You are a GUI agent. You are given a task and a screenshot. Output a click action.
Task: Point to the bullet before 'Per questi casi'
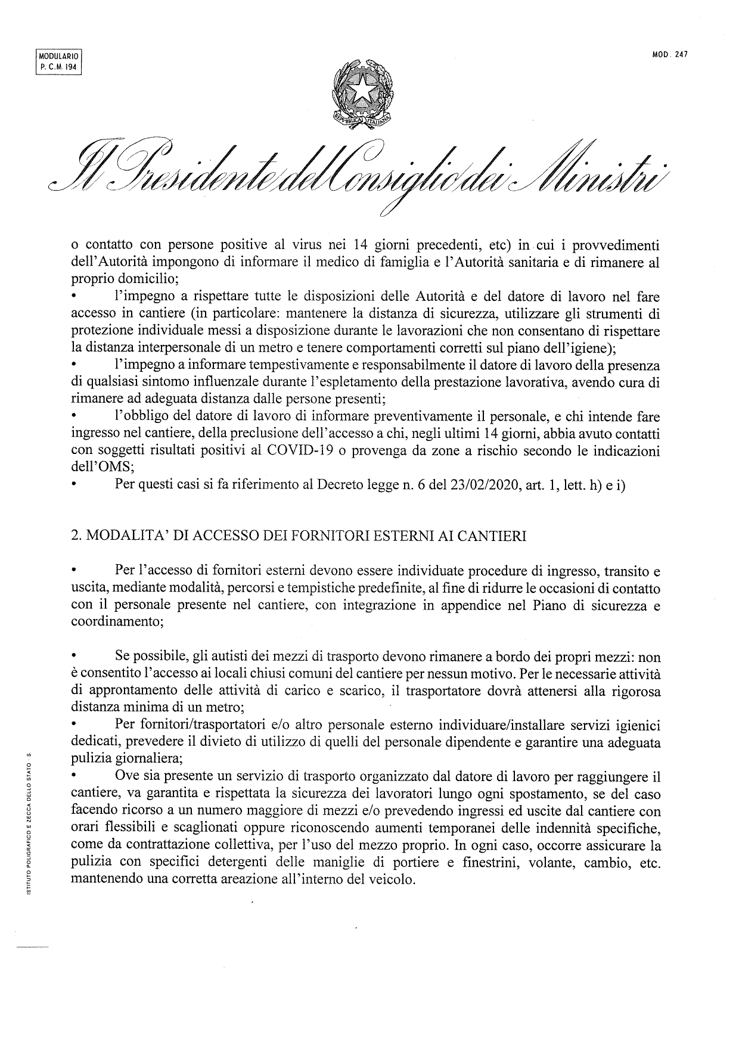point(74,486)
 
